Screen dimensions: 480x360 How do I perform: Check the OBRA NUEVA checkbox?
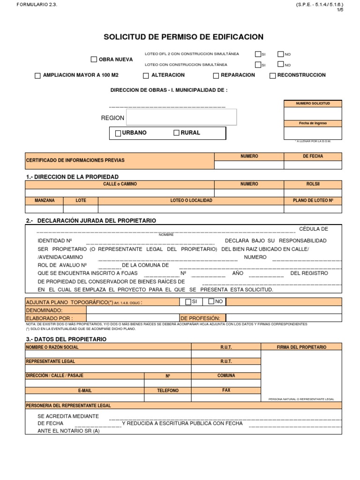pyautogui.click(x=94, y=60)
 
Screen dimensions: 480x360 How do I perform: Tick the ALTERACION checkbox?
pyautogui.click(x=146, y=75)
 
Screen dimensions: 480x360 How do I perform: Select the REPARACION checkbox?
pyautogui.click(x=216, y=75)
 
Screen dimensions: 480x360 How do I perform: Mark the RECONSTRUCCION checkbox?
pyautogui.click(x=273, y=75)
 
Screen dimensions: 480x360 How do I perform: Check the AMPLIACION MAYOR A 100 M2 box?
pyautogui.click(x=38, y=75)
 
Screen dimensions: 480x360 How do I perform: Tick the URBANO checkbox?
pyautogui.click(x=118, y=133)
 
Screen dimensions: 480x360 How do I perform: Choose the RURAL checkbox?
pyautogui.click(x=177, y=133)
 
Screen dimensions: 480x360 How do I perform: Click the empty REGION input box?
pyautogui.click(x=181, y=117)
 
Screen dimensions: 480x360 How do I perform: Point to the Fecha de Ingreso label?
pyautogui.click(x=313, y=123)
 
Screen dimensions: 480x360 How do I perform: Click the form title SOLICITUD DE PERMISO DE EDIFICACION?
pyautogui.click(x=183, y=37)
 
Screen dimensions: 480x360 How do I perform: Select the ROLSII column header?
pyautogui.click(x=313, y=184)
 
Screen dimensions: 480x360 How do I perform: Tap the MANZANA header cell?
pyautogui.click(x=45, y=201)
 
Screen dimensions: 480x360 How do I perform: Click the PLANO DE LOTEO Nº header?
pyautogui.click(x=313, y=201)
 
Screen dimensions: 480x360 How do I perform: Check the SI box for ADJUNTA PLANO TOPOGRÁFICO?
pyautogui.click(x=188, y=301)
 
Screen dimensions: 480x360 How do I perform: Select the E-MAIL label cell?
pyautogui.click(x=85, y=390)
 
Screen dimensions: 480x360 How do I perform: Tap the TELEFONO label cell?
pyautogui.click(x=168, y=390)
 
